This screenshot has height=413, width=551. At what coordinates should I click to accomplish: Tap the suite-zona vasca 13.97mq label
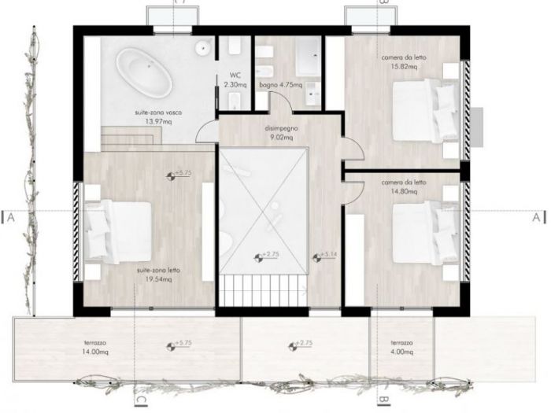click(157, 116)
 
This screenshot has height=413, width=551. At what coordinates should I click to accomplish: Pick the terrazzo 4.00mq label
click(401, 349)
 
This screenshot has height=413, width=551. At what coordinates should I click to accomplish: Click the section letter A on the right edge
click(537, 216)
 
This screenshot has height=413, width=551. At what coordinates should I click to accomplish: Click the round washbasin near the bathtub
click(204, 47)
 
